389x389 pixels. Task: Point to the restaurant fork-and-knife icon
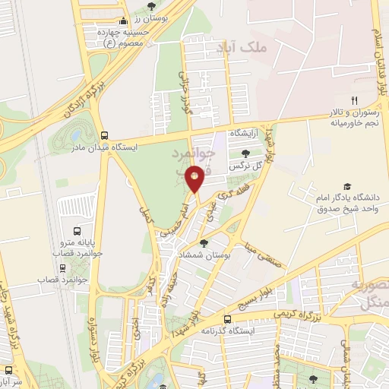[353, 100]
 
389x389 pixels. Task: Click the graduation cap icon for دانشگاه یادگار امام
[347, 186]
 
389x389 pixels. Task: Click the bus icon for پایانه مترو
[77, 231]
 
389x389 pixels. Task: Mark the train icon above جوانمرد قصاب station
[62, 267]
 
